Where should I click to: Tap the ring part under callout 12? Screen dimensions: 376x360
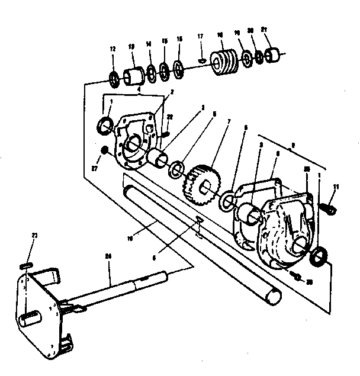[114, 77]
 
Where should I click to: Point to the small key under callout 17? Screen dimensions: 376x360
[202, 60]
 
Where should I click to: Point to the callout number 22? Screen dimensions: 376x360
[170, 117]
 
